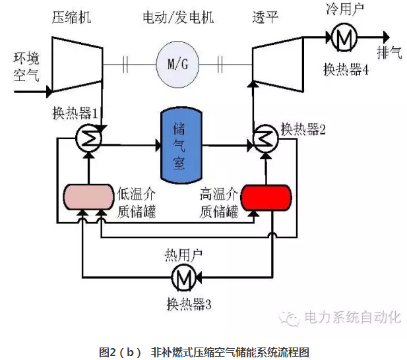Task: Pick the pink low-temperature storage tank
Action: pyautogui.click(x=89, y=197)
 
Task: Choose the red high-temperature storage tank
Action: pyautogui.click(x=266, y=196)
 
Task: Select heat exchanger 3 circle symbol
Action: pyautogui.click(x=182, y=278)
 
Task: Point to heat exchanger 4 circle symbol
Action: pyautogui.click(x=343, y=39)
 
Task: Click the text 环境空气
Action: pyautogui.click(x=22, y=65)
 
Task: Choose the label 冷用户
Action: pyautogui.click(x=344, y=10)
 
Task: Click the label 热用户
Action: pyautogui.click(x=183, y=255)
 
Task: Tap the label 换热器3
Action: pyautogui.click(x=189, y=304)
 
